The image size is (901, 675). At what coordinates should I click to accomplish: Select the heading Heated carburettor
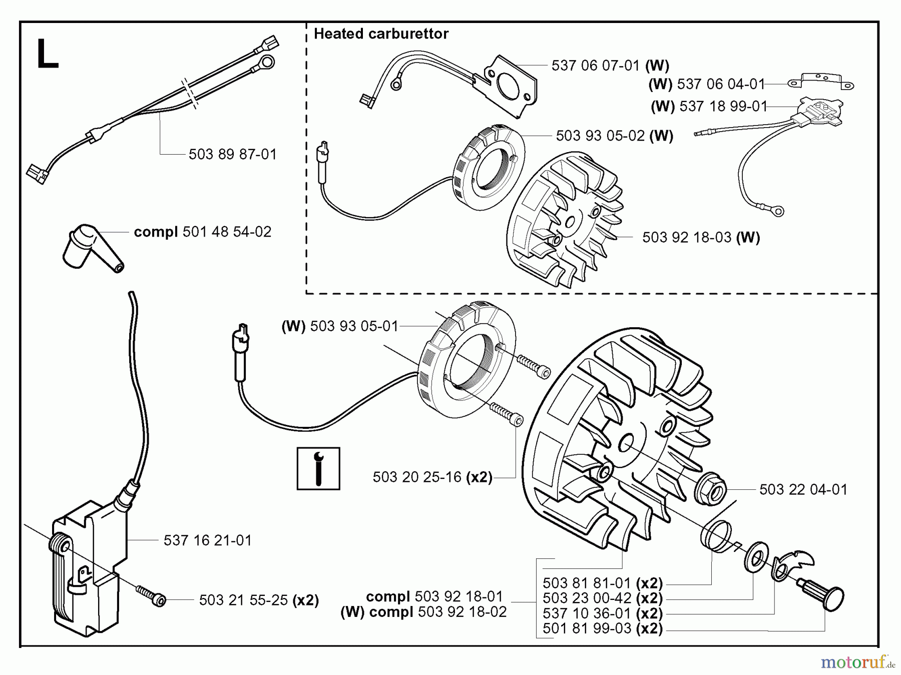381,34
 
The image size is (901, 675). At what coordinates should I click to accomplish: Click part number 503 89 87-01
232,154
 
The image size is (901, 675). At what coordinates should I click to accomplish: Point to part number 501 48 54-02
227,232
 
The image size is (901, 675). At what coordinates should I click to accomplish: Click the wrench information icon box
318,468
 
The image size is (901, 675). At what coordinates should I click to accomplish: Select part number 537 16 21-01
207,540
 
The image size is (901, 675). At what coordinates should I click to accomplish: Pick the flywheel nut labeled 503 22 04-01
710,486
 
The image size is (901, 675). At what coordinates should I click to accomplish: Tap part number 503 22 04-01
803,489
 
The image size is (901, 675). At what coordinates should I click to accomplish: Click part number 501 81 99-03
587,628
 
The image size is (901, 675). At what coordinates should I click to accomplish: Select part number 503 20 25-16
416,477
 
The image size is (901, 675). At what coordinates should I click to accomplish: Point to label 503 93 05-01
354,326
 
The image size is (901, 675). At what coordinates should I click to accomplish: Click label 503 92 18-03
686,237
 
